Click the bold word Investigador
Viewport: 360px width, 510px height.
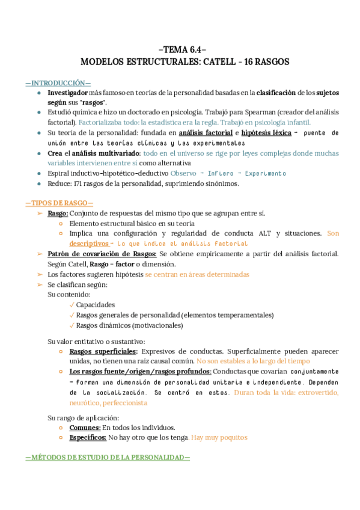point(68,93)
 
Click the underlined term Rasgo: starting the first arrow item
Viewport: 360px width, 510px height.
point(58,214)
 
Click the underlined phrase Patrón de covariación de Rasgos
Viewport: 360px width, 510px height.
point(102,254)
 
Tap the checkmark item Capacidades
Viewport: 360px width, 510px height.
point(96,304)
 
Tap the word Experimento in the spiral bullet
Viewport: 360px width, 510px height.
point(265,173)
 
